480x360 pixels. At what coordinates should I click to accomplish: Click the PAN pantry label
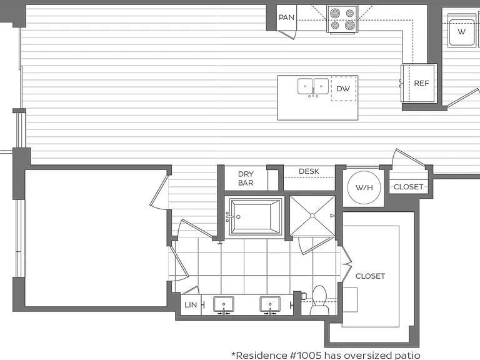coord(286,17)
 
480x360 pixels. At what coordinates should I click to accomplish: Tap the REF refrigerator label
coord(421,83)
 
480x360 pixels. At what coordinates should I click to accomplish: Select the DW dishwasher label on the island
coord(343,89)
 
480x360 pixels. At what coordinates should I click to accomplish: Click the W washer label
coord(461,31)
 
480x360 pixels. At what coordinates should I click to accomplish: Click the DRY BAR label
coord(246,179)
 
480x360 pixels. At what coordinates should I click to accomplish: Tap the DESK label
coord(309,171)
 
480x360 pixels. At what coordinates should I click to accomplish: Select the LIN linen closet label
coord(191,305)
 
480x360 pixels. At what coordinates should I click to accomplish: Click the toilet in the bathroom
coord(319,300)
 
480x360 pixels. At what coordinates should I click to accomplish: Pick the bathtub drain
coord(238,217)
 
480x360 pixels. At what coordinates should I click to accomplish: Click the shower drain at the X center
coord(312,216)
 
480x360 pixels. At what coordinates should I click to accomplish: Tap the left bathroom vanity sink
coord(224,304)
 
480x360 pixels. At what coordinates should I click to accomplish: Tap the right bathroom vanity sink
coord(270,304)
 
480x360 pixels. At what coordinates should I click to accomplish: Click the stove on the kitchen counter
coord(342,19)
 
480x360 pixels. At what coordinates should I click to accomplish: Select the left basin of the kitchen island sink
coord(305,86)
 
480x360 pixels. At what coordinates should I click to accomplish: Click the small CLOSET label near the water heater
coord(408,187)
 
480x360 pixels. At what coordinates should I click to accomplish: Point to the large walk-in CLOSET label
coord(370,276)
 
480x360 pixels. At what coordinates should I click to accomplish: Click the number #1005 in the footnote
coord(306,355)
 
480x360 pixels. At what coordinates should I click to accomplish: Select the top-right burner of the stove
coord(350,13)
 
